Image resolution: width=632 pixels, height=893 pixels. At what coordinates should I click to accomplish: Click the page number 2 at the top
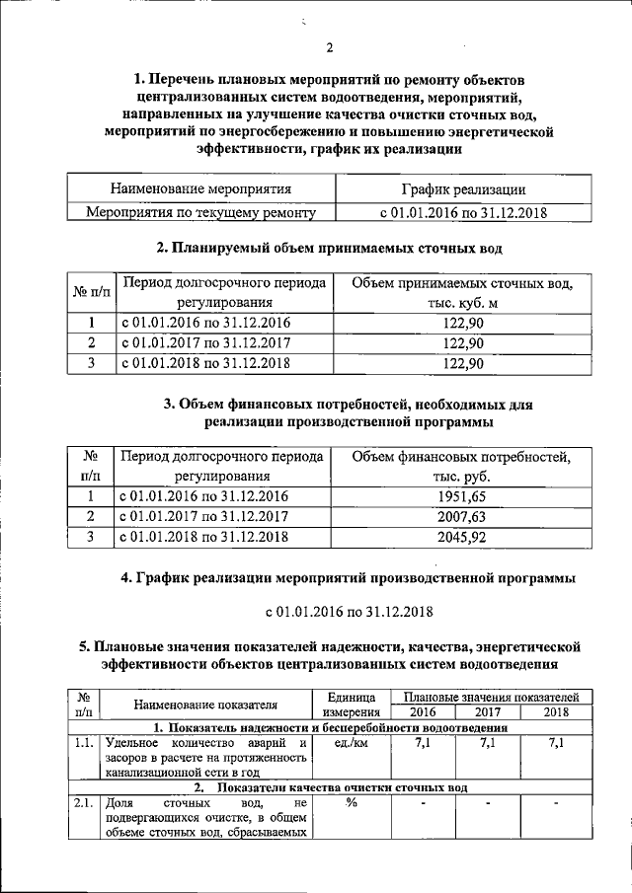pos(330,47)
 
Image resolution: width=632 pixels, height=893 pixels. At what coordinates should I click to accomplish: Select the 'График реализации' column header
pos(462,189)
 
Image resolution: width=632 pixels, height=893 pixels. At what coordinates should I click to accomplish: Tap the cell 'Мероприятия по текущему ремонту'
pos(200,211)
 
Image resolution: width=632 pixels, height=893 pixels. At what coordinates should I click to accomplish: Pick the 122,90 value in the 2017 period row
pos(463,343)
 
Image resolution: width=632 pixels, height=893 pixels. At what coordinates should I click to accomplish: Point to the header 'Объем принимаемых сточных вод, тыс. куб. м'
pos(463,293)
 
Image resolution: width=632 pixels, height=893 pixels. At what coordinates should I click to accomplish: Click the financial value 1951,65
pos(463,495)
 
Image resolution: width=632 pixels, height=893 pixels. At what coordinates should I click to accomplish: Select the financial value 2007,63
pos(463,516)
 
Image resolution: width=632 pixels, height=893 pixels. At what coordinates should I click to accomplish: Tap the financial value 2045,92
pos(463,537)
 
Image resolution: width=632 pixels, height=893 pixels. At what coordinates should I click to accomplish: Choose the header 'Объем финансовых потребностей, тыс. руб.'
pos(463,466)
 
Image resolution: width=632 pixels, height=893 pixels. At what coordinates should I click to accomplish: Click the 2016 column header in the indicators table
pos(423,712)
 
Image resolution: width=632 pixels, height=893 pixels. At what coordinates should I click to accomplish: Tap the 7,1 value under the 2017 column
pos(488,743)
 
